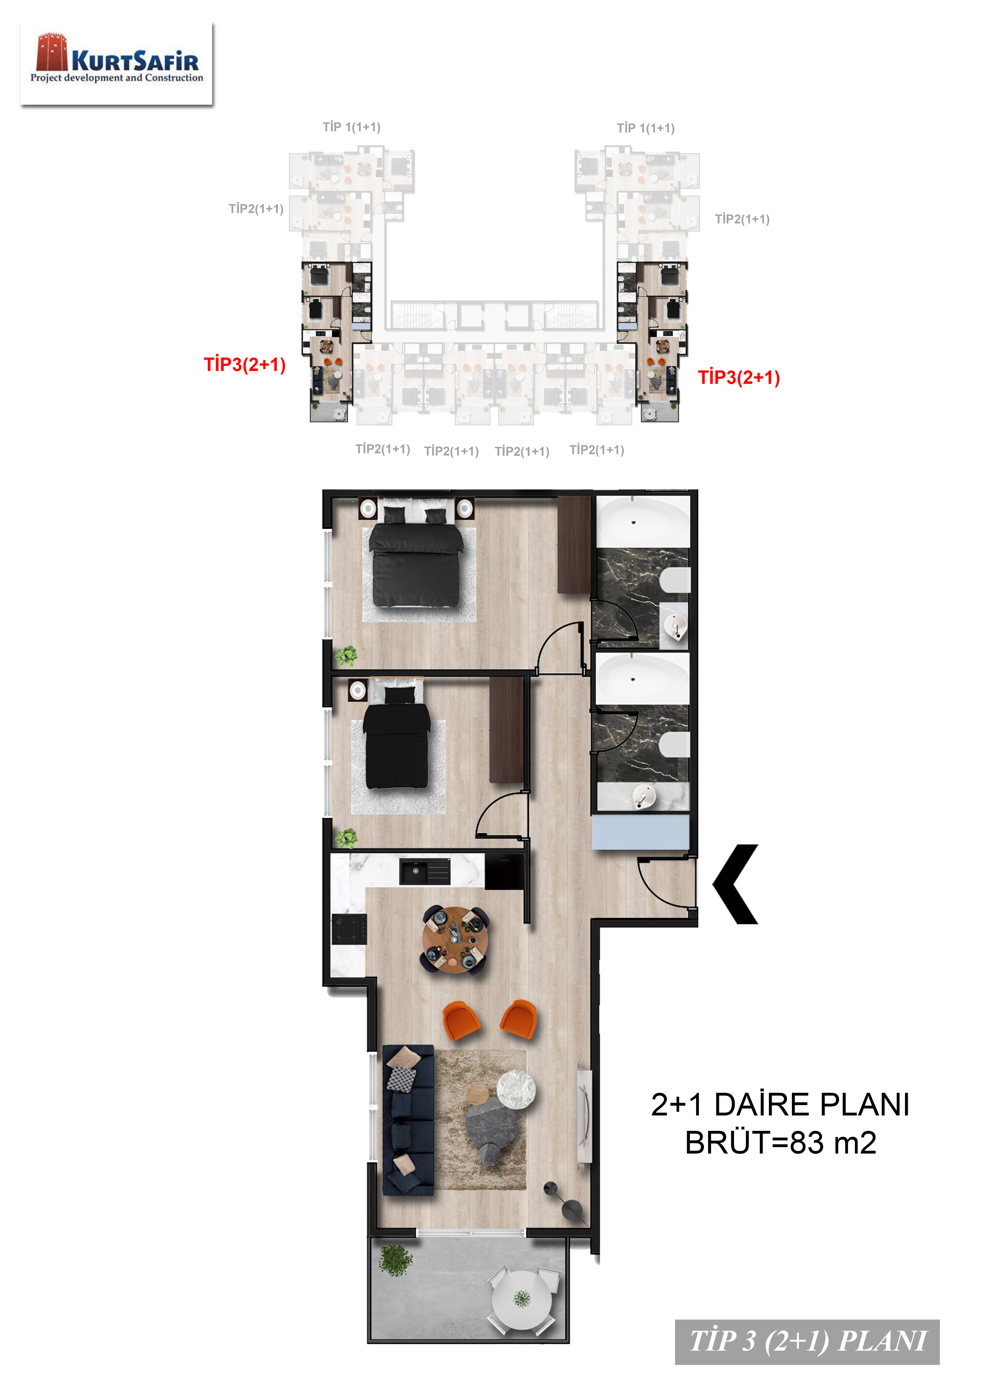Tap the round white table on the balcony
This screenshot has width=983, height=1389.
522,1299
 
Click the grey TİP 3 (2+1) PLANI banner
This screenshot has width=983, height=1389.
807,1342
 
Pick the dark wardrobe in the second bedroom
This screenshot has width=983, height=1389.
506,730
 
